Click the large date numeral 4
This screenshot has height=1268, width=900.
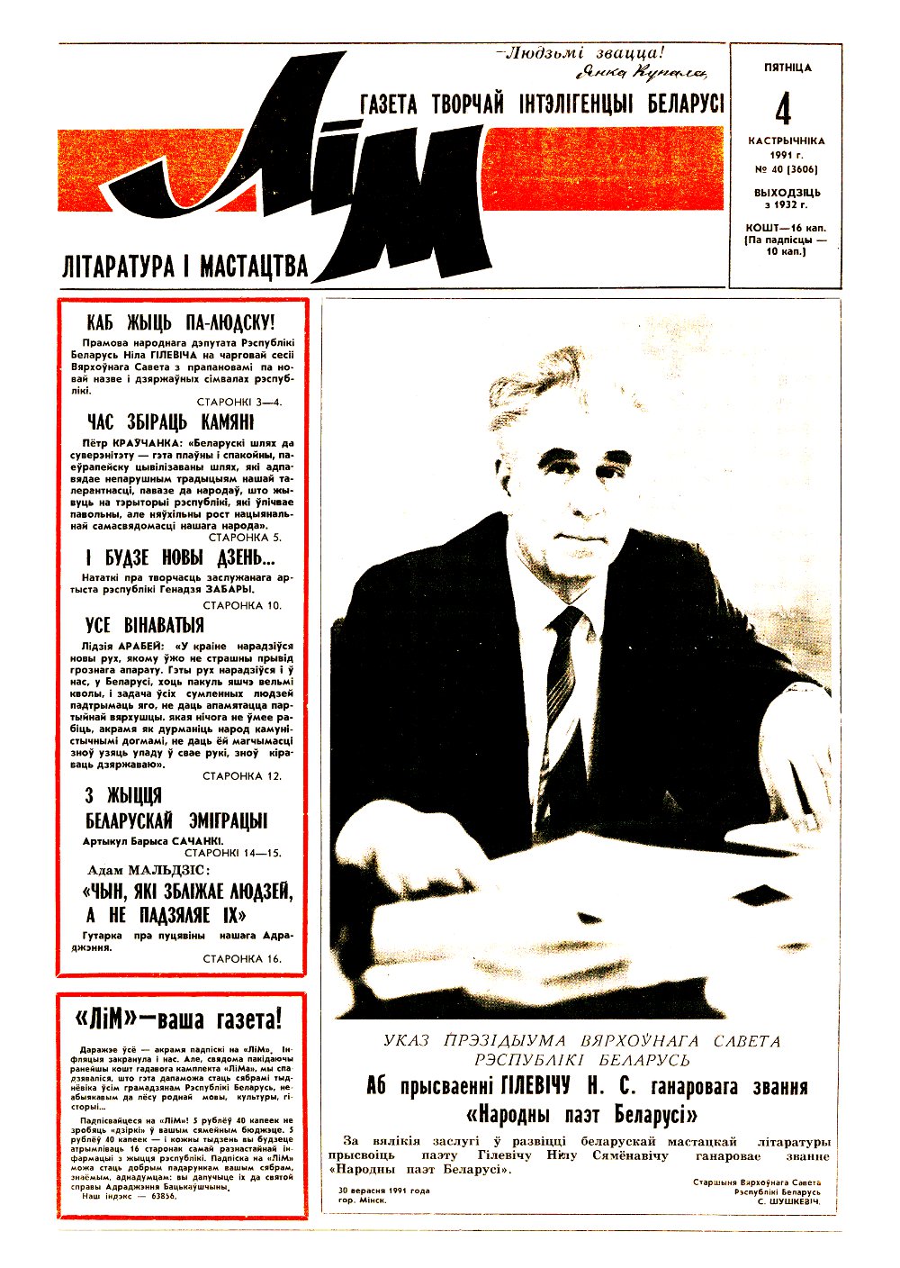click(783, 109)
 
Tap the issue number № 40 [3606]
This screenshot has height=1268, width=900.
click(787, 168)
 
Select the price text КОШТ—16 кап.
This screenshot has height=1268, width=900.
click(786, 228)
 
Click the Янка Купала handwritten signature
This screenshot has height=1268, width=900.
click(639, 73)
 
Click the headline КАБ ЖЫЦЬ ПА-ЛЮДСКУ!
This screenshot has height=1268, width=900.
click(181, 322)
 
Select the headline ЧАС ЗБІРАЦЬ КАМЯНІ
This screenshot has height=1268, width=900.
click(171, 422)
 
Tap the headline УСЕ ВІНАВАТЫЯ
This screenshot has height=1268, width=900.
click(145, 625)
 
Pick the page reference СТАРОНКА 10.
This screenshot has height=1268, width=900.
click(242, 605)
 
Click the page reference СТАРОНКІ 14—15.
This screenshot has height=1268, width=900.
click(233, 852)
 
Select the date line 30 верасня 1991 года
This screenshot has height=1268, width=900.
click(383, 1190)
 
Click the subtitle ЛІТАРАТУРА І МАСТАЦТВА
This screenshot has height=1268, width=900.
click(184, 267)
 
